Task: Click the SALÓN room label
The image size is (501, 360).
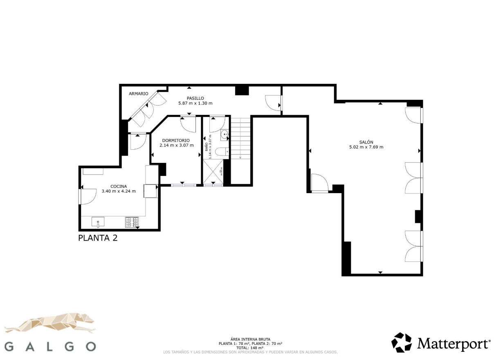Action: click(366, 142)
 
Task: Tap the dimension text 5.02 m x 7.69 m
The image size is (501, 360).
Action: click(366, 147)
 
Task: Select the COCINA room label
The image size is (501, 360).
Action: click(119, 186)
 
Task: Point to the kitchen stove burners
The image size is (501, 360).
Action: click(132, 222)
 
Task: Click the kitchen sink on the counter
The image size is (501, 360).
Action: click(98, 222)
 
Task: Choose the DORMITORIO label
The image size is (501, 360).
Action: click(176, 140)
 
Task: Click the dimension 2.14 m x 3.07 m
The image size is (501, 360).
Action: click(176, 145)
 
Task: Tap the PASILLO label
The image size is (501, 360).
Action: click(195, 98)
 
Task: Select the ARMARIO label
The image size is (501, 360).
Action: click(139, 94)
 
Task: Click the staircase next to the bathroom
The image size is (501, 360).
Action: click(240, 139)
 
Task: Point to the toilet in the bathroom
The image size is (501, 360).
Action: click(222, 152)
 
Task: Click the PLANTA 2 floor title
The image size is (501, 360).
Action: click(98, 238)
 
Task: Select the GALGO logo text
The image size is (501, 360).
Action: click(51, 346)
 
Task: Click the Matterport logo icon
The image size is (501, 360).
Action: click(402, 343)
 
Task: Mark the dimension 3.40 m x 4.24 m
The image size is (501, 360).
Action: click(119, 191)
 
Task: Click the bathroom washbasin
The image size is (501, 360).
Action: click(225, 134)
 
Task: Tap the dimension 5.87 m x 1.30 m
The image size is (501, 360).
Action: click(195, 103)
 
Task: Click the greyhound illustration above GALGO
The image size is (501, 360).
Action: click(51, 323)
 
